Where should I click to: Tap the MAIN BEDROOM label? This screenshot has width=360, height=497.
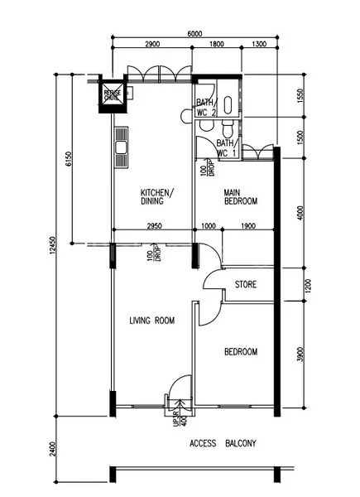[241, 196]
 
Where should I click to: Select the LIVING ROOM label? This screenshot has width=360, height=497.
[153, 321]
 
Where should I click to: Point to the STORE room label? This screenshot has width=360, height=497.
[246, 284]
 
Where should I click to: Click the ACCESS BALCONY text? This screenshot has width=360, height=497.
[223, 444]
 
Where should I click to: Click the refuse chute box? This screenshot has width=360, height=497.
[112, 94]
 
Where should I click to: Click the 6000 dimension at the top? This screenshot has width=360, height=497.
[194, 34]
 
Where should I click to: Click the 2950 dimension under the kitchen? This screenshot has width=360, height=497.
[154, 225]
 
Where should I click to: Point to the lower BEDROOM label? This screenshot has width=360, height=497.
[241, 352]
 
